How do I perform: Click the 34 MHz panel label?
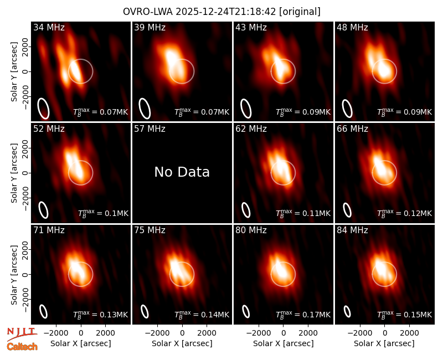click(x=49, y=27)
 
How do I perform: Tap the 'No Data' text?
click(x=182, y=172)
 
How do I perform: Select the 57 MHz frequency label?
click(x=150, y=129)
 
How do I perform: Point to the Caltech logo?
click(x=22, y=347)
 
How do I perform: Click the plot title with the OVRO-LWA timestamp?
click(x=221, y=12)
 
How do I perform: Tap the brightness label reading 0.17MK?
click(x=303, y=314)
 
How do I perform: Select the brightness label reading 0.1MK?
click(x=103, y=213)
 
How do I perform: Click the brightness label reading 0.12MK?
click(x=404, y=213)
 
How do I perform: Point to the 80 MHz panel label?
click(x=251, y=230)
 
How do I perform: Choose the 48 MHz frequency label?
click(x=352, y=27)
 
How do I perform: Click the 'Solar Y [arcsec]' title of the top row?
click(x=14, y=72)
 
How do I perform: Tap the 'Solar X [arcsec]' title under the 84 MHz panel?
click(x=384, y=343)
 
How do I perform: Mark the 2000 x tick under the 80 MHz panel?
click(x=308, y=333)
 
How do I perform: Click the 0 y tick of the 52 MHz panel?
click(x=25, y=173)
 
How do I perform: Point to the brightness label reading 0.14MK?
click(x=202, y=314)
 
